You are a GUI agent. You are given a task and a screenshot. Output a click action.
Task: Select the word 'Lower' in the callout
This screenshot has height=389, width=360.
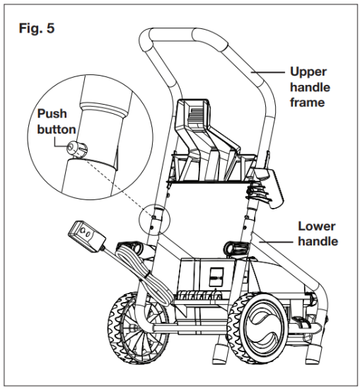(x=315, y=228)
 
